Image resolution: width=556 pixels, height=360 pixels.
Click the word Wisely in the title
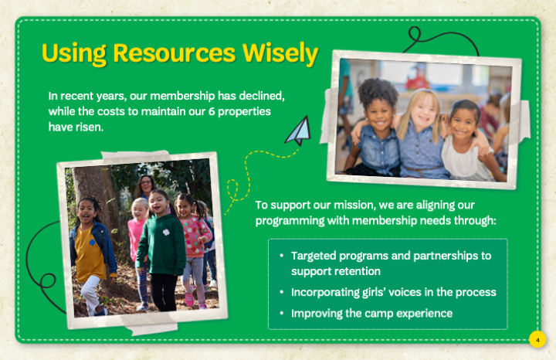(x=280, y=54)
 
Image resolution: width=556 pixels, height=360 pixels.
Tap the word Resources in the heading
(x=175, y=53)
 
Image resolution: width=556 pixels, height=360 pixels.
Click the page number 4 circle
(x=537, y=339)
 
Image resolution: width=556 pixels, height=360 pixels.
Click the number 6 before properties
(x=212, y=111)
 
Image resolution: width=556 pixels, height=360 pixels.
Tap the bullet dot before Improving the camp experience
(x=282, y=313)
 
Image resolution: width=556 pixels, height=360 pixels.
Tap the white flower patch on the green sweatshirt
(x=166, y=233)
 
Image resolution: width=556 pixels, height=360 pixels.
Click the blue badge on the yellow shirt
(x=92, y=243)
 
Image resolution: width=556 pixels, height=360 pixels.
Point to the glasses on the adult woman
(x=146, y=183)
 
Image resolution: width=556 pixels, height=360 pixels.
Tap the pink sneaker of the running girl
(x=189, y=299)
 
